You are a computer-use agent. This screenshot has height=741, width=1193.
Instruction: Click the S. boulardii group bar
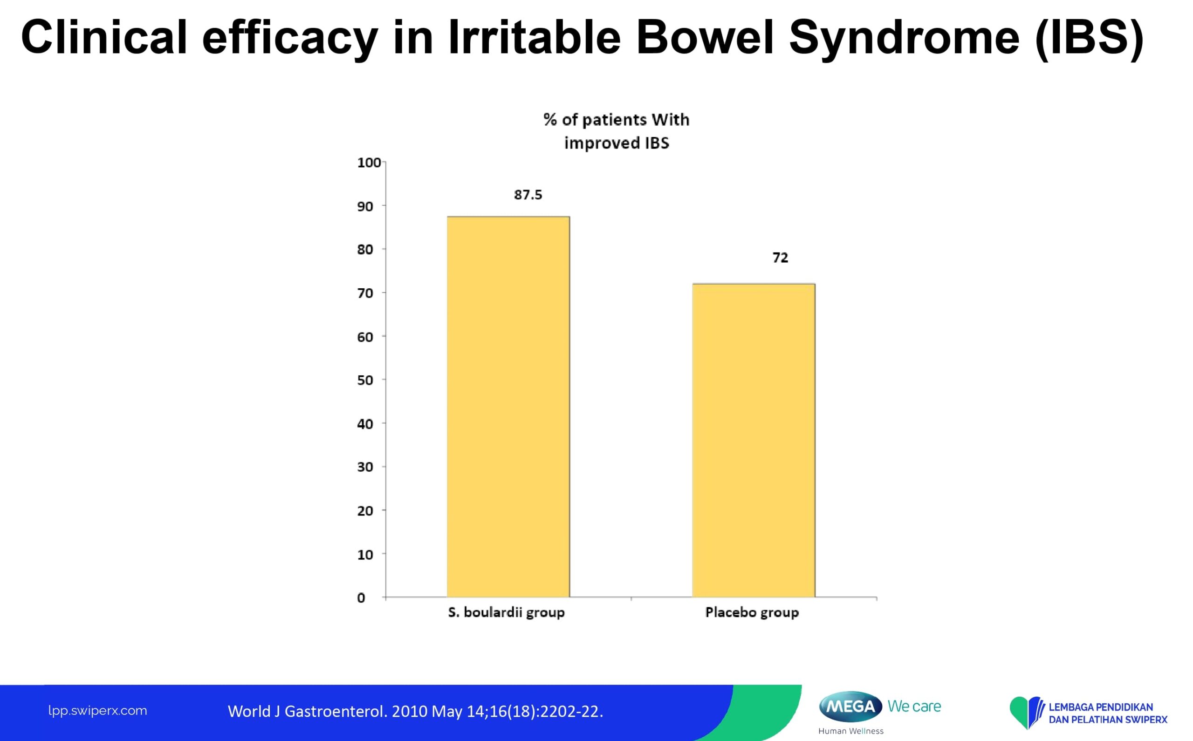pyautogui.click(x=508, y=407)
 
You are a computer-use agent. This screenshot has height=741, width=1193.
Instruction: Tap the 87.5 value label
pyautogui.click(x=528, y=195)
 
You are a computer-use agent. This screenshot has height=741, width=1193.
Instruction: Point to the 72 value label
pyautogui.click(x=780, y=258)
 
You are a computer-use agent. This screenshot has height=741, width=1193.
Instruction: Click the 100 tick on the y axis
pyautogui.click(x=369, y=163)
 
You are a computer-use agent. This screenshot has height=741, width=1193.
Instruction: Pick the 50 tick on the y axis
pyautogui.click(x=365, y=381)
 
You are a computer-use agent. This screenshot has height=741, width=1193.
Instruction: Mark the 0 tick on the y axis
pyautogui.click(x=361, y=598)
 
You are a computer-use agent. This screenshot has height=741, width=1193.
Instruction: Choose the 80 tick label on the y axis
pyautogui.click(x=365, y=250)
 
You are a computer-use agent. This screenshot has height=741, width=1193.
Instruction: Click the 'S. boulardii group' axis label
pyautogui.click(x=506, y=612)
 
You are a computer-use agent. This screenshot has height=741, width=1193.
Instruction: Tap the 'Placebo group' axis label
pyautogui.click(x=752, y=612)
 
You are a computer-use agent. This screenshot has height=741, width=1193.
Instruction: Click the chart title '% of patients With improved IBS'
pyautogui.click(x=617, y=131)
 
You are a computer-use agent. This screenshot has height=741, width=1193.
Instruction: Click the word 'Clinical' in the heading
pyautogui.click(x=104, y=37)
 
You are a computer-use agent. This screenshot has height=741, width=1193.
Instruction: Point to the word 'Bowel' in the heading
pyautogui.click(x=705, y=37)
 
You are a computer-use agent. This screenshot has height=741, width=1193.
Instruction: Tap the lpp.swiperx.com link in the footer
pyautogui.click(x=97, y=711)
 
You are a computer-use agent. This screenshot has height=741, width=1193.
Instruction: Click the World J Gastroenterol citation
pyautogui.click(x=415, y=712)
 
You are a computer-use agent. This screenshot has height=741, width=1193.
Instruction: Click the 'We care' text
pyautogui.click(x=914, y=707)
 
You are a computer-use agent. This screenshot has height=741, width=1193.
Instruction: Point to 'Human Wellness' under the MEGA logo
pyautogui.click(x=851, y=731)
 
